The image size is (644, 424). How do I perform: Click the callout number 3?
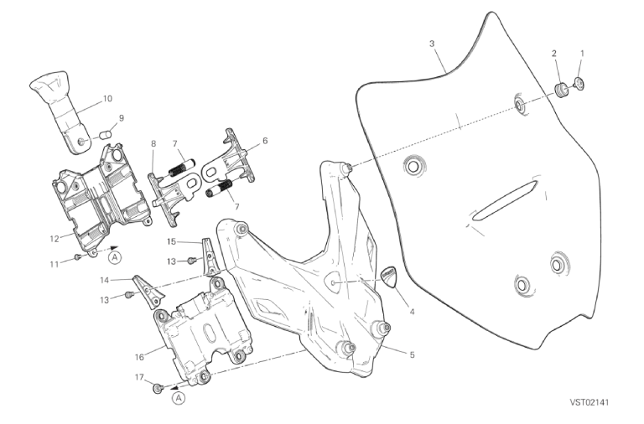pyautogui.click(x=432, y=44)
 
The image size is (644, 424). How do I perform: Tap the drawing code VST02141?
pyautogui.click(x=589, y=402)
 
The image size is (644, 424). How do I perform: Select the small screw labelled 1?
pyautogui.click(x=579, y=83)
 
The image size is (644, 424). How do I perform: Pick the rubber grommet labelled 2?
pyautogui.click(x=562, y=90)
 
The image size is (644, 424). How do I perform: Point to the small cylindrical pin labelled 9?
pyautogui.click(x=106, y=135)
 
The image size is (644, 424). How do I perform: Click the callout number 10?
pyautogui.click(x=107, y=99)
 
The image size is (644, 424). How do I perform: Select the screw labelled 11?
pyautogui.click(x=77, y=257)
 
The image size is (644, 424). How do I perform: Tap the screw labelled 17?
pyautogui.click(x=158, y=387)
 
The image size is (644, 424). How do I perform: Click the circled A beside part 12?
pyautogui.click(x=116, y=257)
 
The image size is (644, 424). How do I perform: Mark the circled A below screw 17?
pyautogui.click(x=179, y=398)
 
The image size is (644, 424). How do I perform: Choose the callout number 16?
pyautogui.click(x=139, y=357)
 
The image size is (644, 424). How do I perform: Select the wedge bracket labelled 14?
pyautogui.click(x=148, y=292)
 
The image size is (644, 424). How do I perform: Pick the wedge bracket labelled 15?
pyautogui.click(x=210, y=256)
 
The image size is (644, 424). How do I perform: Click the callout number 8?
pyautogui.click(x=153, y=143)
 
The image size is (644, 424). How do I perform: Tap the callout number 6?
pyautogui.click(x=265, y=141)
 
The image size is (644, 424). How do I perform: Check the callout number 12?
pyautogui.click(x=55, y=239)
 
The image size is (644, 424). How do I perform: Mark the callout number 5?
pyautogui.click(x=412, y=354)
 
